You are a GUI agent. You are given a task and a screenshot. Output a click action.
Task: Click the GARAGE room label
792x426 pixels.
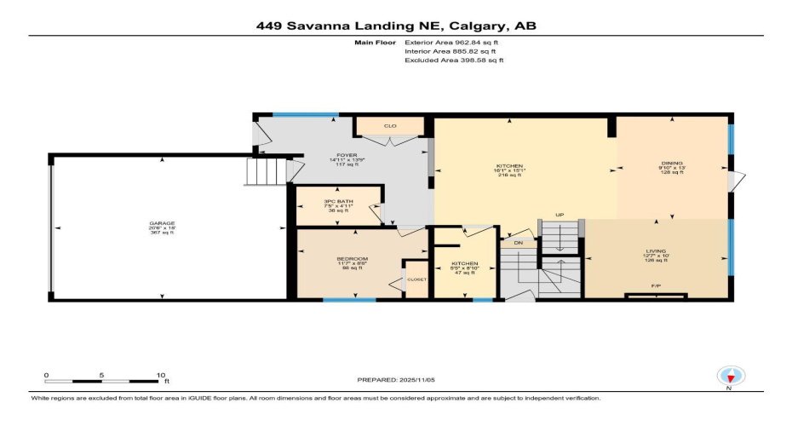[163, 223]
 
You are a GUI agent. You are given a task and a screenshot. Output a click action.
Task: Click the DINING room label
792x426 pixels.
[671, 165]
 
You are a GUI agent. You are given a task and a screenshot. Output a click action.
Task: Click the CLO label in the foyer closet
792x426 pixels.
[390, 126]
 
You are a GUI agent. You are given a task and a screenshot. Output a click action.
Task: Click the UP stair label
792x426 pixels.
[560, 215]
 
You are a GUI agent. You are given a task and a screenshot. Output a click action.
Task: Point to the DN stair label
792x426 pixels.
[518, 244]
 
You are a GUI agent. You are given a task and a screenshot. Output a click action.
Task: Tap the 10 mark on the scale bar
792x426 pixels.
[161, 375]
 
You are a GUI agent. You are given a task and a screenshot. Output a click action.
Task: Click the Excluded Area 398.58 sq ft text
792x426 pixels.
[454, 60]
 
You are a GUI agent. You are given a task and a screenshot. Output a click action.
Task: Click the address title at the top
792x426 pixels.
[396, 26]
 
